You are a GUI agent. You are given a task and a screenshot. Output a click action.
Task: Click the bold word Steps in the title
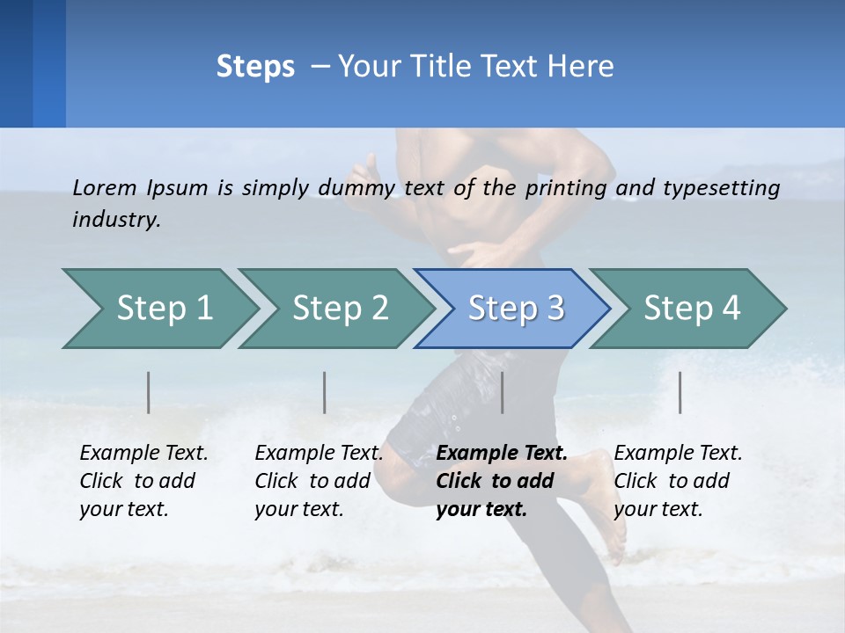tap(255, 67)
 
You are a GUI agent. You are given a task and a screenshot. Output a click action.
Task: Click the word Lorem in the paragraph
tap(105, 187)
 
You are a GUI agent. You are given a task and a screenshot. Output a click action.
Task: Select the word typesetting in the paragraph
tap(721, 188)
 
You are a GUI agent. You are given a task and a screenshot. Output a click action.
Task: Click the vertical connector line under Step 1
tap(149, 392)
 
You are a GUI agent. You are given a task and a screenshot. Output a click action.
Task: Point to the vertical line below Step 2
tap(325, 392)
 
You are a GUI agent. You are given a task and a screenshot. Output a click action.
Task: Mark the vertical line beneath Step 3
tap(503, 392)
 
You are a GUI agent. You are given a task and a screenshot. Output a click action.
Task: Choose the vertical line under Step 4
tap(680, 392)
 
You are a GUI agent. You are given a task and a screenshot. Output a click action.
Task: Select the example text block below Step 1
tap(143, 481)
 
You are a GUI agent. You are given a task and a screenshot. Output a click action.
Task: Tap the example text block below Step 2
tap(319, 481)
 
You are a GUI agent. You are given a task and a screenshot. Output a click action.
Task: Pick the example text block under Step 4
tap(678, 481)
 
